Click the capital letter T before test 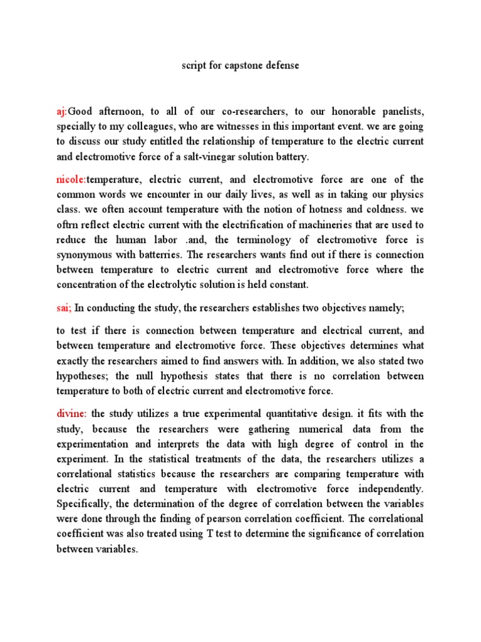[208, 534]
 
